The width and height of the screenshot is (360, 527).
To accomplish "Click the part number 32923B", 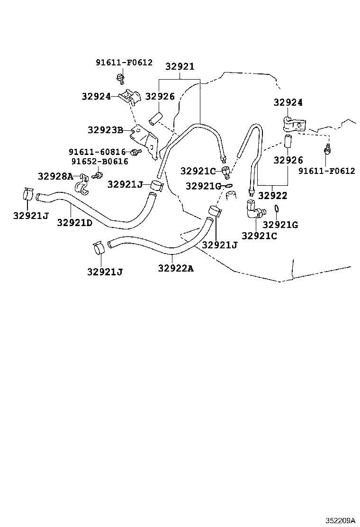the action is coord(106,130).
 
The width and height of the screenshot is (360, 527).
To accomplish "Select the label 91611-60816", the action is coord(97,152).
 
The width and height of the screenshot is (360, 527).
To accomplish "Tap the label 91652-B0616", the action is coord(100,162).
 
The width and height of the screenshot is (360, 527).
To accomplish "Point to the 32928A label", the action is coord(55,176).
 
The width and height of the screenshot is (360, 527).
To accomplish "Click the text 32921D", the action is coord(74,222).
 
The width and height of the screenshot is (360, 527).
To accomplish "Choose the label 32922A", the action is coord(176,268).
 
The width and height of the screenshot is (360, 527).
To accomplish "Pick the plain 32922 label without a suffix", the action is coord(273,196).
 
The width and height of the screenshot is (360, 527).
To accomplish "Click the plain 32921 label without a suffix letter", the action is coord(180,66).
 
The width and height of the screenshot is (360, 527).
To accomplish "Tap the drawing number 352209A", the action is coord(340,521).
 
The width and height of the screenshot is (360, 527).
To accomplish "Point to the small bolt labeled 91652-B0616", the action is coord(99,175).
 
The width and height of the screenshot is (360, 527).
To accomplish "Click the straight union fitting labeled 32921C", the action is coord(226,172).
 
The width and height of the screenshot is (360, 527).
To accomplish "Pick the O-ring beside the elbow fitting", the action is coord(276,209).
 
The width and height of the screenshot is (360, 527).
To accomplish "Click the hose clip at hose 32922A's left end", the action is coord(99,248).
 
